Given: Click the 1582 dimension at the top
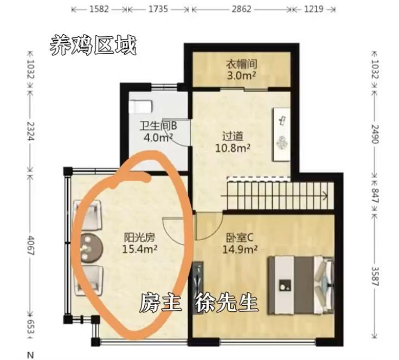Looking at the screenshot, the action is click(99, 9).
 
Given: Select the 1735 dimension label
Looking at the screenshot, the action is click(158, 9).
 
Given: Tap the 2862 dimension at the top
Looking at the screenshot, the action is click(241, 9).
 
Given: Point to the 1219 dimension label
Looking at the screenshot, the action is click(314, 9).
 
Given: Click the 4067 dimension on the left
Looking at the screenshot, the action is click(30, 246).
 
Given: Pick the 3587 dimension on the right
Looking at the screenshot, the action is click(376, 276).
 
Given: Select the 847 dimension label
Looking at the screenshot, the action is click(376, 196).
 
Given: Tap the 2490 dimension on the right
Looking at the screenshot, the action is click(376, 134).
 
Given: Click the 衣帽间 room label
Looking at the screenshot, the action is click(241, 64).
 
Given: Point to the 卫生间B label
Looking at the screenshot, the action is click(158, 126).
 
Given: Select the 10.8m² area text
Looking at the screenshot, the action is click(233, 148).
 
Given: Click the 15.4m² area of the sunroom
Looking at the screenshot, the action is click(139, 249).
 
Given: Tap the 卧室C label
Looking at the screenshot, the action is click(240, 238).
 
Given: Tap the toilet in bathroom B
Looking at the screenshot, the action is click(141, 107).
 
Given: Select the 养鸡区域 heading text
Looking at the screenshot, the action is click(93, 46).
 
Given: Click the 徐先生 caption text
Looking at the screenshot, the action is click(227, 303).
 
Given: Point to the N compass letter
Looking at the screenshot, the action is click(30, 355).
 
